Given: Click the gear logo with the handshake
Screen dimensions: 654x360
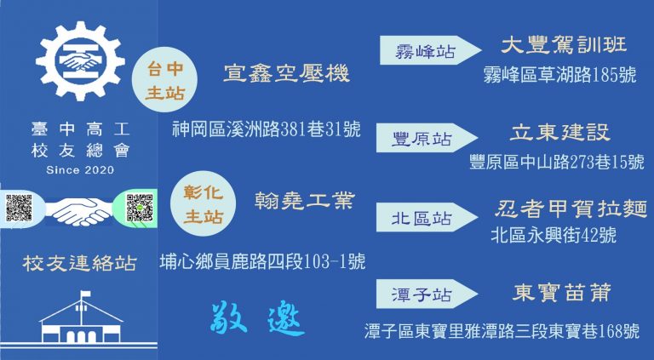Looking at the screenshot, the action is point(80,60).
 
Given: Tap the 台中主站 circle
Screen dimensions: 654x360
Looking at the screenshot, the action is point(164,79).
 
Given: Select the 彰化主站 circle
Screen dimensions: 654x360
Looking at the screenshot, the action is point(204,203).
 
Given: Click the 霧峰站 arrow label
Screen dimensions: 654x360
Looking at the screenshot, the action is point(430,50).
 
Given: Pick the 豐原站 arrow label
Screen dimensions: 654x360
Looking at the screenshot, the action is point(427,138).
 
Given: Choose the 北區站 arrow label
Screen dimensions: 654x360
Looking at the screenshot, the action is point(427,217).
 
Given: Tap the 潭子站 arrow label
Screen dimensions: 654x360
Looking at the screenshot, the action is point(427,294).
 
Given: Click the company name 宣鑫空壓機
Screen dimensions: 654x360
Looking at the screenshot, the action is point(286,73).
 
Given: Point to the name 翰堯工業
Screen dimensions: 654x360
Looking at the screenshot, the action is point(305,200).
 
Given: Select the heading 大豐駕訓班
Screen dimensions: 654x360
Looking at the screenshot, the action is point(564,45).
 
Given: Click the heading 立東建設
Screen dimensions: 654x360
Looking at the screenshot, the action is point(559,132).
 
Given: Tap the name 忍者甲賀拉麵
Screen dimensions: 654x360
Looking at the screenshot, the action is point(571,209).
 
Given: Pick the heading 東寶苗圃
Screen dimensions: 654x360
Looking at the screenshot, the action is point(562,293).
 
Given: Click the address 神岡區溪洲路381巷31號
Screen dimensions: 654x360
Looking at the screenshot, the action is point(267,130).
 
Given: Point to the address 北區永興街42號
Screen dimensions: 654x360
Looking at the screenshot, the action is point(554,236).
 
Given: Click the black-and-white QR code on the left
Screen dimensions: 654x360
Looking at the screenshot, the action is point(19,208).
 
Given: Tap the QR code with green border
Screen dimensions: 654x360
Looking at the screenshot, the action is point(140,208).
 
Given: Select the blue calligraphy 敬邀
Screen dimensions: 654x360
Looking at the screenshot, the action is point(258,320).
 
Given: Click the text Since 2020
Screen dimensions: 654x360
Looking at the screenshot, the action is point(80,170).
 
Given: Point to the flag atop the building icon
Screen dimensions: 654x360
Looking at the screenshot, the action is point(85,294).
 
